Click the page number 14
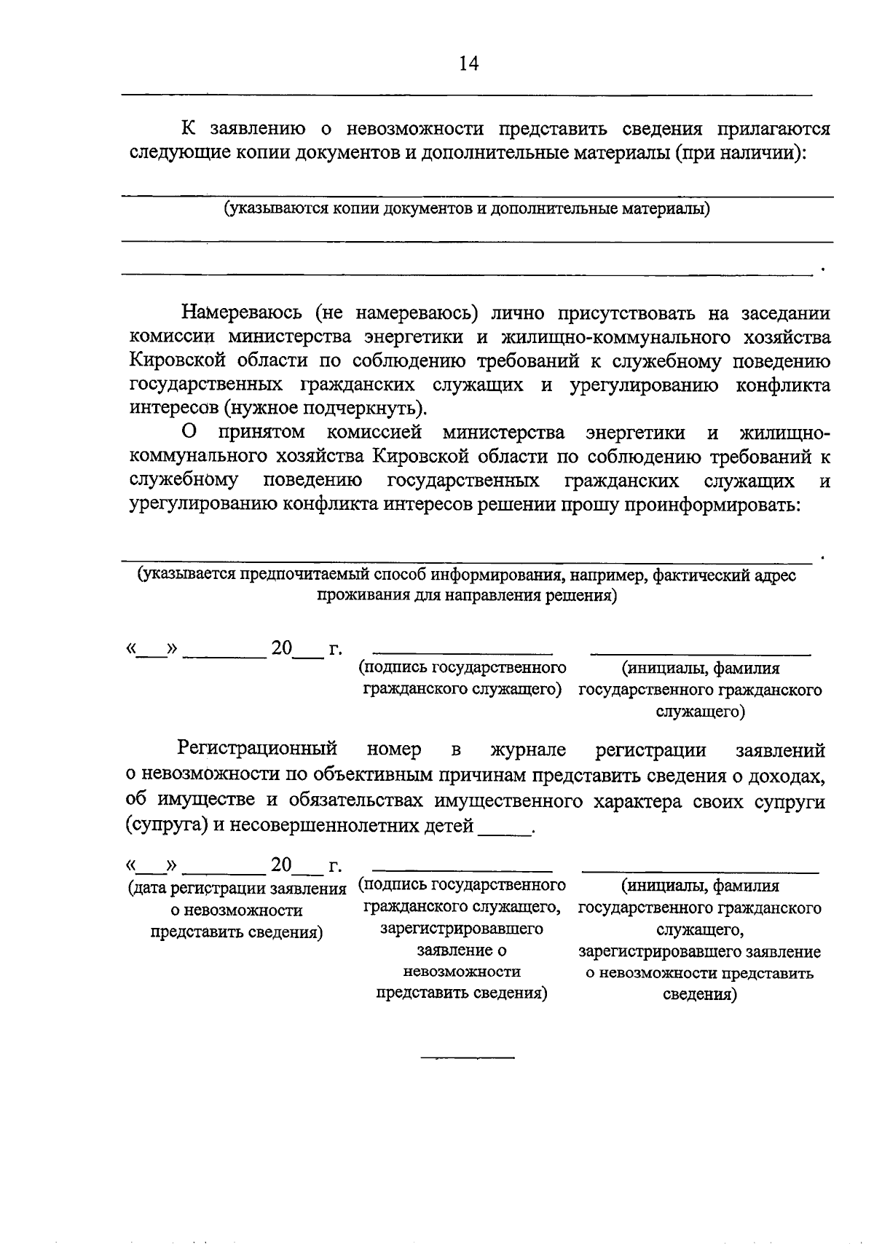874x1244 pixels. [468, 64]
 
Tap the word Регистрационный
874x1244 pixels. [256, 749]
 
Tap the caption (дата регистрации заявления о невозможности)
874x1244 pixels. [236, 899]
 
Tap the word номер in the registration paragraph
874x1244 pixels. [394, 750]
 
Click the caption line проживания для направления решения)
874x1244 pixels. [466, 597]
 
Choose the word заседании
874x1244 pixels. [785, 313]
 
